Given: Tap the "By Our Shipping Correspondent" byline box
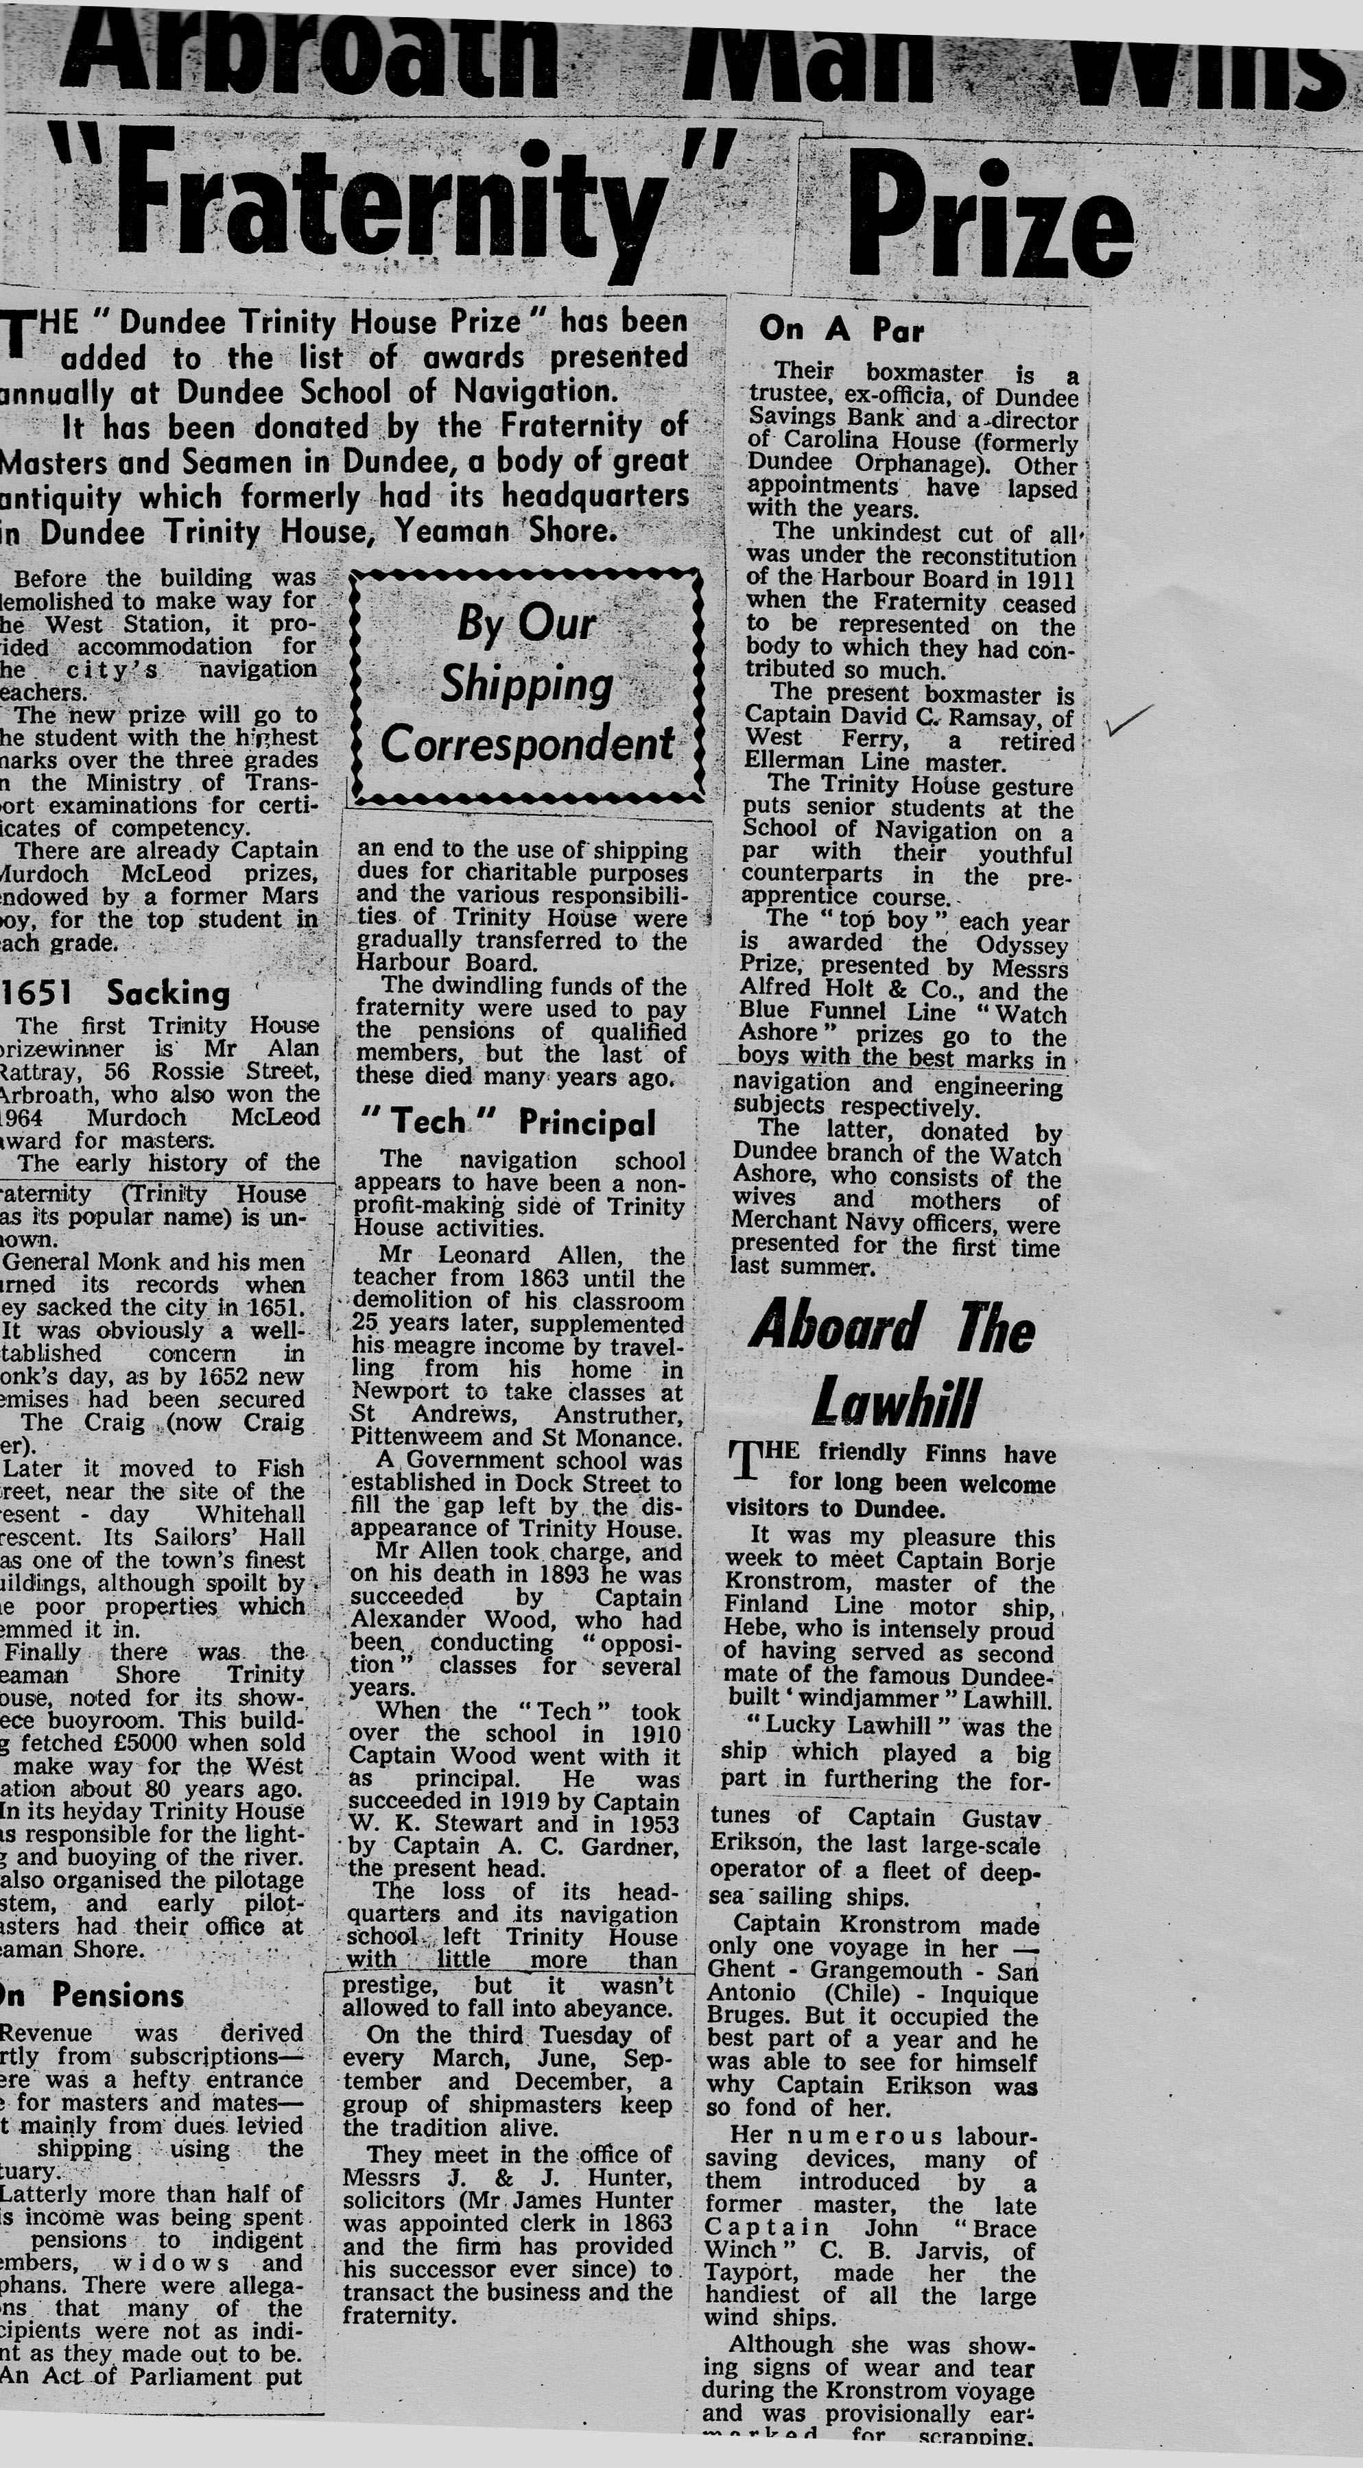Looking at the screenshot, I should (x=528, y=684).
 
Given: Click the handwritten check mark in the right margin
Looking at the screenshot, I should (x=1128, y=719).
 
